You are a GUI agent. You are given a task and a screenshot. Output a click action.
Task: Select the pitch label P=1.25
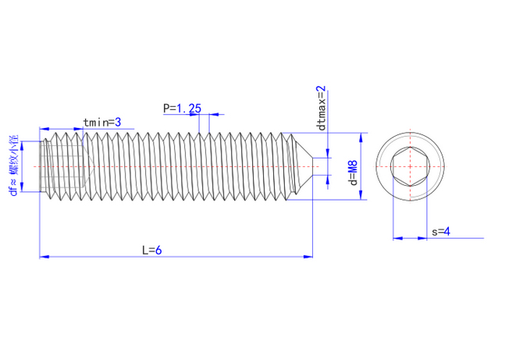click(x=182, y=108)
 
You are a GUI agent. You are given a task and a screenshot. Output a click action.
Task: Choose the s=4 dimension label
click(x=442, y=231)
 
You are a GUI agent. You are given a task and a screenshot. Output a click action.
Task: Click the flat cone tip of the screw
click(x=312, y=166)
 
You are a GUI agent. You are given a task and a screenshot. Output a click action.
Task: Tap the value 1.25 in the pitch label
click(x=188, y=108)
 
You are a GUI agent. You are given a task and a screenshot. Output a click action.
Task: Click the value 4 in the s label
click(x=447, y=231)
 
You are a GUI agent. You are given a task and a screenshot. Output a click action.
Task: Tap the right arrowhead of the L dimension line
click(x=309, y=255)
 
